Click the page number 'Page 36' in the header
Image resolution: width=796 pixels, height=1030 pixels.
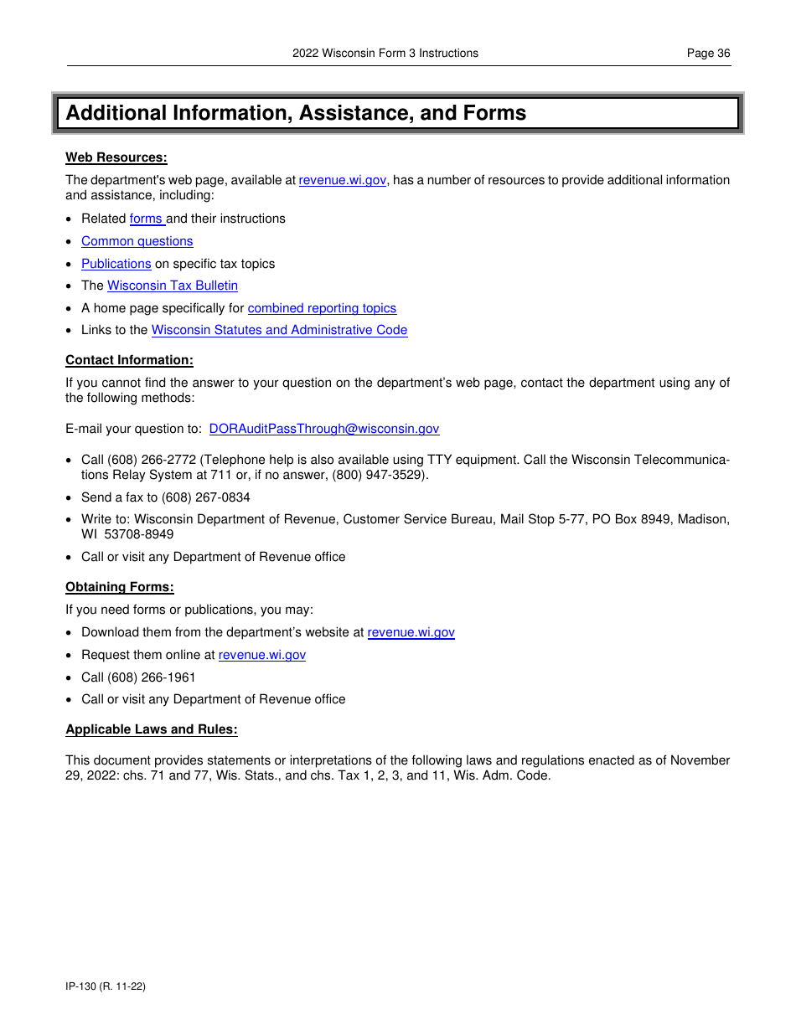pos(708,53)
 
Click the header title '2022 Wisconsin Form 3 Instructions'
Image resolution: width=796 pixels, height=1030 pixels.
pos(385,53)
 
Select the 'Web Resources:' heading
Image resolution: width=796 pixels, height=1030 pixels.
pos(116,157)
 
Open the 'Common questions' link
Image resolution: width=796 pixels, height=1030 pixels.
pos(137,241)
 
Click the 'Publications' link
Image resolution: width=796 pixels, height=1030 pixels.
pos(116,264)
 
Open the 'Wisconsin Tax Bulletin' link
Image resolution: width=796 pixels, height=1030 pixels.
pos(173,286)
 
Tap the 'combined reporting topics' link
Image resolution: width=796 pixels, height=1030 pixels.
pos(322,308)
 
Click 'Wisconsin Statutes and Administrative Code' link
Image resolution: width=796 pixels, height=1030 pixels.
pos(279,330)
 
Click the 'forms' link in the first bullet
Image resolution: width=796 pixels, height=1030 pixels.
pos(147,219)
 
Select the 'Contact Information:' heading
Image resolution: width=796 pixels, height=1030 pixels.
pos(129,360)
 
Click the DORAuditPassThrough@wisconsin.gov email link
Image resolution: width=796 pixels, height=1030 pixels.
pos(323,429)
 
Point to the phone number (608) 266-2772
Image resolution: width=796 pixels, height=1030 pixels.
pos(152,461)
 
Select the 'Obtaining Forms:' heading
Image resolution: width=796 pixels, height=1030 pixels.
pos(120,587)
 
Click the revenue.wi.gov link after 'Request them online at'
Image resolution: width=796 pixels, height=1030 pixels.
pos(262,655)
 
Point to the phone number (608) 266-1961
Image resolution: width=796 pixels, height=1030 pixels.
pos(152,677)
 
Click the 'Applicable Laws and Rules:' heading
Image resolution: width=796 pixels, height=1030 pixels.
pos(152,729)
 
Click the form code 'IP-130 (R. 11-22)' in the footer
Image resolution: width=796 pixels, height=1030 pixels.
pos(106,986)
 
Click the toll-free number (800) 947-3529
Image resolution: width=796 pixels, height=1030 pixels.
pos(379,475)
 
